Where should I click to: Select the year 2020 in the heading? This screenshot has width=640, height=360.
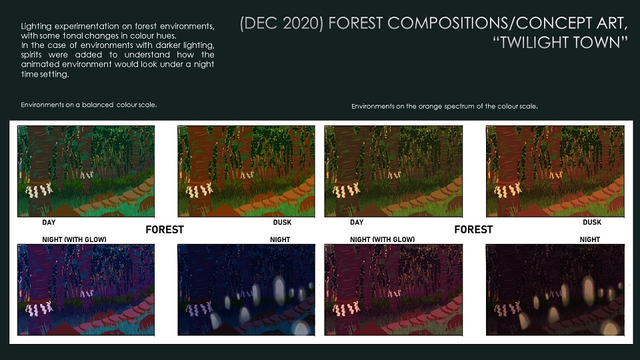click(x=302, y=23)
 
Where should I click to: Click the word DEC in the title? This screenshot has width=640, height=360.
click(x=261, y=23)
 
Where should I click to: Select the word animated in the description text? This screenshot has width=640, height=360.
click(x=40, y=64)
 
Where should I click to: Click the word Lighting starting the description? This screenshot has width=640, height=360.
click(x=36, y=27)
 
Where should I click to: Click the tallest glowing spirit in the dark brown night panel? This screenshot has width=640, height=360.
click(x=588, y=289)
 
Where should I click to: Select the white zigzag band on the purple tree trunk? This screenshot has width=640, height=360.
click(x=39, y=309)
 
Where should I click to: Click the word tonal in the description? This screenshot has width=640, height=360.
click(x=73, y=36)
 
